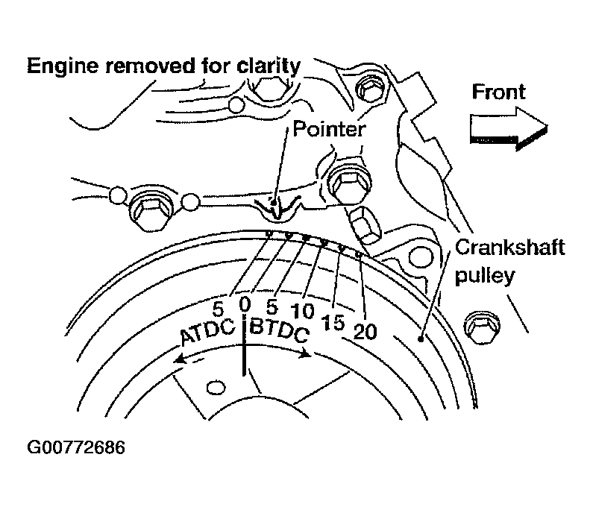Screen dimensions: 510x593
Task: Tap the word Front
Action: (498, 92)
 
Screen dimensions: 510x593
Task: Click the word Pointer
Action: (329, 129)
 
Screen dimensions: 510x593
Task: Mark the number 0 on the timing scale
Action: (245, 304)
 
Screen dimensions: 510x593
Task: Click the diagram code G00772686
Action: (75, 448)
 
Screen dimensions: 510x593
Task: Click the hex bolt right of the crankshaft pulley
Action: (478, 325)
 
